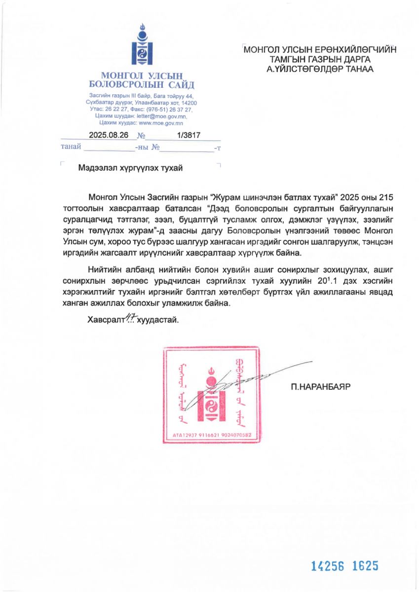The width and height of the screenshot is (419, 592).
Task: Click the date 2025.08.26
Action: [109, 135]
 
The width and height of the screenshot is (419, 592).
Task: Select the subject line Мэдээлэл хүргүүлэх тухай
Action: [130, 168]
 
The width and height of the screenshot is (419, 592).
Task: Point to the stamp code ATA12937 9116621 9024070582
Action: [212, 435]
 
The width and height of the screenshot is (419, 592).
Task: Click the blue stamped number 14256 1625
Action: [344, 566]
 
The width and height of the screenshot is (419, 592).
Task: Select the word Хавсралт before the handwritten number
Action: [105, 320]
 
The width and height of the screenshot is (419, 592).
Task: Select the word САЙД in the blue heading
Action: [180, 85]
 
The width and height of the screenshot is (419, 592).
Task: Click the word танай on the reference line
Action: [71, 147]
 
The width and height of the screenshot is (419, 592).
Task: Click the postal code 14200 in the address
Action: [188, 103]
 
